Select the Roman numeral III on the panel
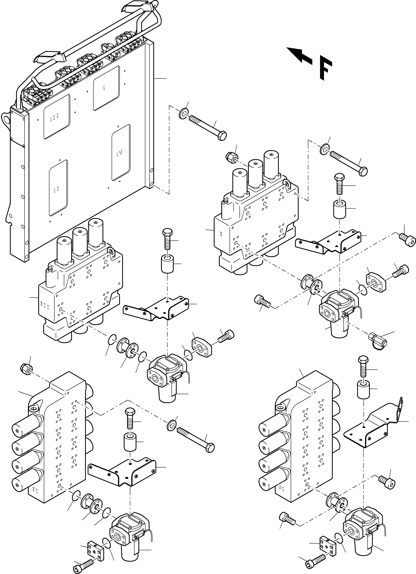[x=54, y=117]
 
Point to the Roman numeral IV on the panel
[x=119, y=153]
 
